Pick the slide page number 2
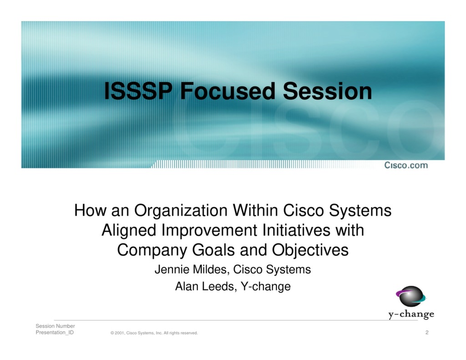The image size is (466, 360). click(x=427, y=333)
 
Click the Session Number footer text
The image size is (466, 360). click(x=55, y=326)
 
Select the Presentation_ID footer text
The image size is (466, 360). click(x=55, y=333)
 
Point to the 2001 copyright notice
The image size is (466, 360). click(x=154, y=333)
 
